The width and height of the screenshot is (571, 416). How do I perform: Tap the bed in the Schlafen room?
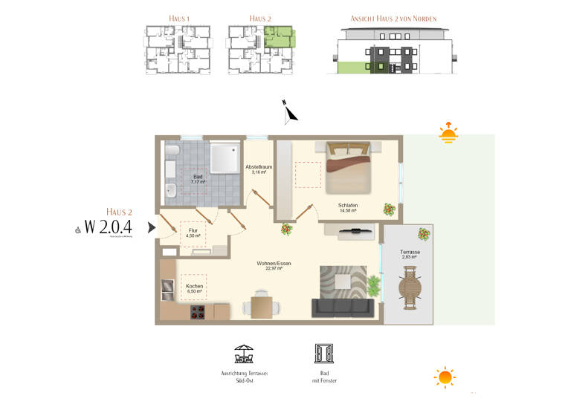click(347, 167)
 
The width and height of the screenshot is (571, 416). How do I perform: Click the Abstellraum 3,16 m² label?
click(259, 170)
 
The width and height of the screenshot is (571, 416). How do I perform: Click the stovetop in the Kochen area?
click(197, 312)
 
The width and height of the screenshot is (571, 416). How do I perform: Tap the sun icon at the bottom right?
click(445, 377)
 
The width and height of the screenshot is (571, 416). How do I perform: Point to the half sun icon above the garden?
click(448, 134)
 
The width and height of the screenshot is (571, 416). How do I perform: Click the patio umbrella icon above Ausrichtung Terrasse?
click(244, 353)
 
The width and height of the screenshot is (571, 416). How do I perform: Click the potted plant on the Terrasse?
click(423, 234)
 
